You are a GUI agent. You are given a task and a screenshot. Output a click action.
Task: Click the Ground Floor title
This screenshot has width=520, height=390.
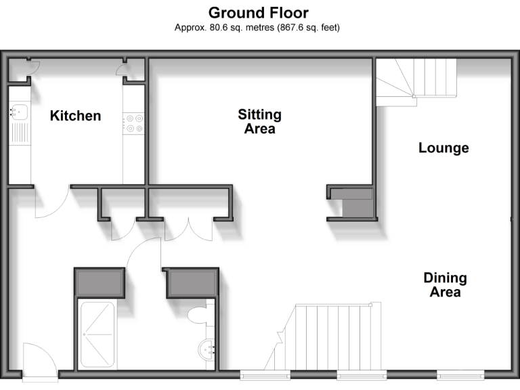pyautogui.click(x=258, y=12)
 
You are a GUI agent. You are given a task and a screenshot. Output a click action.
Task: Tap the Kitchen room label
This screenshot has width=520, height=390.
pyautogui.click(x=75, y=116)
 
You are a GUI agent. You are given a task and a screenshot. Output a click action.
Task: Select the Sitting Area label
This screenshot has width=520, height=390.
pyautogui.click(x=259, y=121)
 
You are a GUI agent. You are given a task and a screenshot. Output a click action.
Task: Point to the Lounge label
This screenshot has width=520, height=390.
pyautogui.click(x=443, y=148)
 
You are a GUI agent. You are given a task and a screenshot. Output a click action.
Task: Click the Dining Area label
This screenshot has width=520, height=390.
pyautogui.click(x=445, y=284)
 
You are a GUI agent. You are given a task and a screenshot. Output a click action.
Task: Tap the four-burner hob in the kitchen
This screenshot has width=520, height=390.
pyautogui.click(x=133, y=123)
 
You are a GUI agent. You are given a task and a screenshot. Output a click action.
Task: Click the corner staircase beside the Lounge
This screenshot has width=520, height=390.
pyautogui.click(x=414, y=79)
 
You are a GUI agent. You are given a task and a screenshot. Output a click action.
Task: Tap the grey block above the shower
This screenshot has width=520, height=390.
pyautogui.click(x=100, y=282)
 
